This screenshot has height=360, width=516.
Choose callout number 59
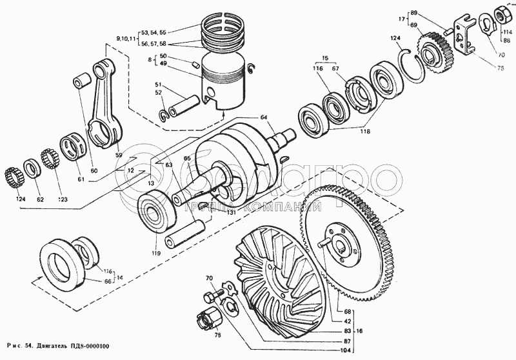pyautogui.click(x=119, y=155)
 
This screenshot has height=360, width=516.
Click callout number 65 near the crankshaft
pyautogui.click(x=187, y=158)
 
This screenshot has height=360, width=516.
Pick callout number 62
pyautogui.click(x=40, y=199)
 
